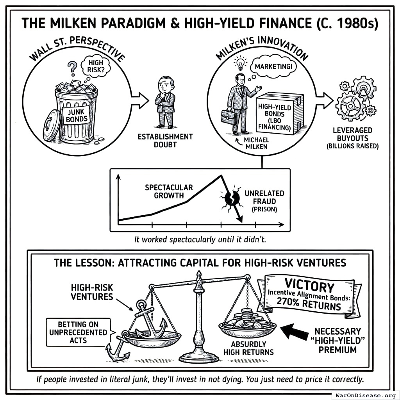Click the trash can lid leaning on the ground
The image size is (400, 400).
[52, 125]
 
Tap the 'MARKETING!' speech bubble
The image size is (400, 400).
[273, 67]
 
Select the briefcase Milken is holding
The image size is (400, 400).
[228, 116]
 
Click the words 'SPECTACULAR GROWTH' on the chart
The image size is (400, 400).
[169, 191]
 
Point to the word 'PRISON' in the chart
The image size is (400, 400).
[264, 209]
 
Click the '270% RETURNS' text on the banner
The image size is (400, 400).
[309, 303]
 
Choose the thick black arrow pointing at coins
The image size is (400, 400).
[296, 332]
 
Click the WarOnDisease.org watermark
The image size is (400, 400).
[365, 395]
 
